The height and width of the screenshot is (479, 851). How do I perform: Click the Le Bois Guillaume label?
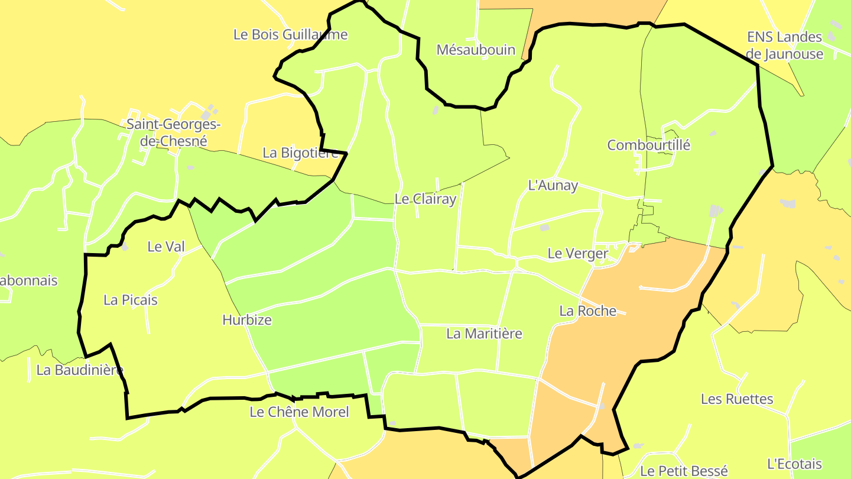click(x=290, y=34)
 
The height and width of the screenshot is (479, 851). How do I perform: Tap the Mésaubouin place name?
click(x=476, y=50)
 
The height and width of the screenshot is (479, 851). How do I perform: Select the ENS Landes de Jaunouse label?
click(x=784, y=46)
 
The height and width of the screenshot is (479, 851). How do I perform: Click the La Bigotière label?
click(x=300, y=153)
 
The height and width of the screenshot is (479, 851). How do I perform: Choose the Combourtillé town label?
click(x=648, y=145)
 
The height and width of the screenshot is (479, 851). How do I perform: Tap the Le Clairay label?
click(x=425, y=199)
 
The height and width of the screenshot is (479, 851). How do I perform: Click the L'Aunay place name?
click(x=552, y=185)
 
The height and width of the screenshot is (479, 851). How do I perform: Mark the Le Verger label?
click(x=577, y=254)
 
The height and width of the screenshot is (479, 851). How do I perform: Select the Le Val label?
click(x=165, y=247)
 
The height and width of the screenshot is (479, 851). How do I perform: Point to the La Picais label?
click(x=131, y=300)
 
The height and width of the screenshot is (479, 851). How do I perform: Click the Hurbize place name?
click(x=247, y=320)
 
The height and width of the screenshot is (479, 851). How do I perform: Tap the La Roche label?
click(x=587, y=310)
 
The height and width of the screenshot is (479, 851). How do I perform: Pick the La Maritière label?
click(x=484, y=334)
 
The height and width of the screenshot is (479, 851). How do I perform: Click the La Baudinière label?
click(x=80, y=370)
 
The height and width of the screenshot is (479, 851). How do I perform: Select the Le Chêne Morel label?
click(x=299, y=412)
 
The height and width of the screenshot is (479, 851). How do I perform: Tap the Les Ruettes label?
click(x=736, y=399)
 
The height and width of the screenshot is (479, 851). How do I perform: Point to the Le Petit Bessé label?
click(x=684, y=471)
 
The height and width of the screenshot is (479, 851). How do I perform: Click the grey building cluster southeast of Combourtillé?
click(x=716, y=211)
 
